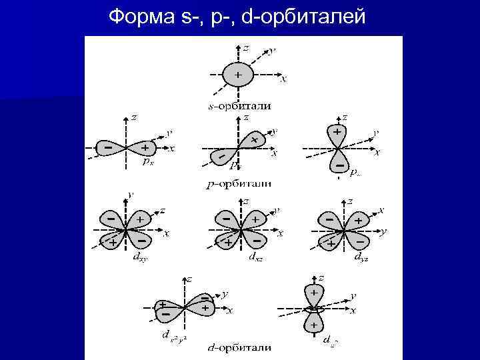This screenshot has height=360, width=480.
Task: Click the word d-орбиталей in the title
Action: (304, 15)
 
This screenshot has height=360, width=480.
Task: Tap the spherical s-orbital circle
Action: (238, 75)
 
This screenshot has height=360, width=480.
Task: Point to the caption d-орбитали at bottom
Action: (238, 347)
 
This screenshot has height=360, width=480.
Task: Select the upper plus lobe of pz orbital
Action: (338, 133)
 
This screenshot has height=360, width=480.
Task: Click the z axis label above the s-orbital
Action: (246, 49)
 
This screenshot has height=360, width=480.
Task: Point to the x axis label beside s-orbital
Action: (284, 79)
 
